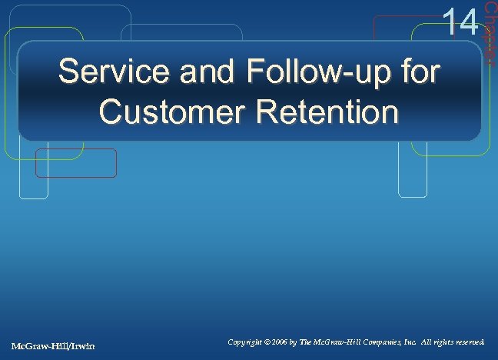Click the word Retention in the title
coord(324,113)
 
